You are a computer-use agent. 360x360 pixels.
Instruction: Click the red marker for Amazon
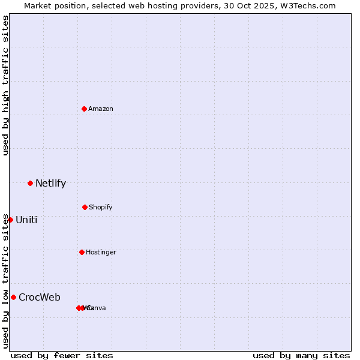coord(85,109)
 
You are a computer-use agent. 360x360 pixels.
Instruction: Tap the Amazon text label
coord(101,109)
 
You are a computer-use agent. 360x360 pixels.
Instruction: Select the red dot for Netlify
coord(30,183)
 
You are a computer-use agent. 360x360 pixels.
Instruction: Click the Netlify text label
coord(50,184)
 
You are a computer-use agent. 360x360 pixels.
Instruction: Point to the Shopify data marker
coord(85,207)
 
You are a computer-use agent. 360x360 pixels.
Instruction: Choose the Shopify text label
coord(101,208)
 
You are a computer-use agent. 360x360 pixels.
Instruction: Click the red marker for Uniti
coord(10,220)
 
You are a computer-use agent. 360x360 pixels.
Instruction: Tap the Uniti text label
coord(26,220)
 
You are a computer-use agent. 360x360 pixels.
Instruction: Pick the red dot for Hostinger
coord(82,252)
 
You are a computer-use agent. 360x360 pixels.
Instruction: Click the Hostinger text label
coord(101,253)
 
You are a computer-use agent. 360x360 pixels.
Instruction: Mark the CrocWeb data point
coord(13,297)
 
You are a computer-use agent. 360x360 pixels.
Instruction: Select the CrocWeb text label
coord(40,298)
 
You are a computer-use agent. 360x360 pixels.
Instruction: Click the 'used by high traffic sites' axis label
coord(6,85)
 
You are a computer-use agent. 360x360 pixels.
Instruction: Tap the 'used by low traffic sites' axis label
coord(6,281)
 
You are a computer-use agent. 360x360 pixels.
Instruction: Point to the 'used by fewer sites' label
coord(62,355)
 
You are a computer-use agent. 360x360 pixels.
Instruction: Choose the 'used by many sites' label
coord(301,355)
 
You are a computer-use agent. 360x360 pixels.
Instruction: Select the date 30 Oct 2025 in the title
coord(253,6)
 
